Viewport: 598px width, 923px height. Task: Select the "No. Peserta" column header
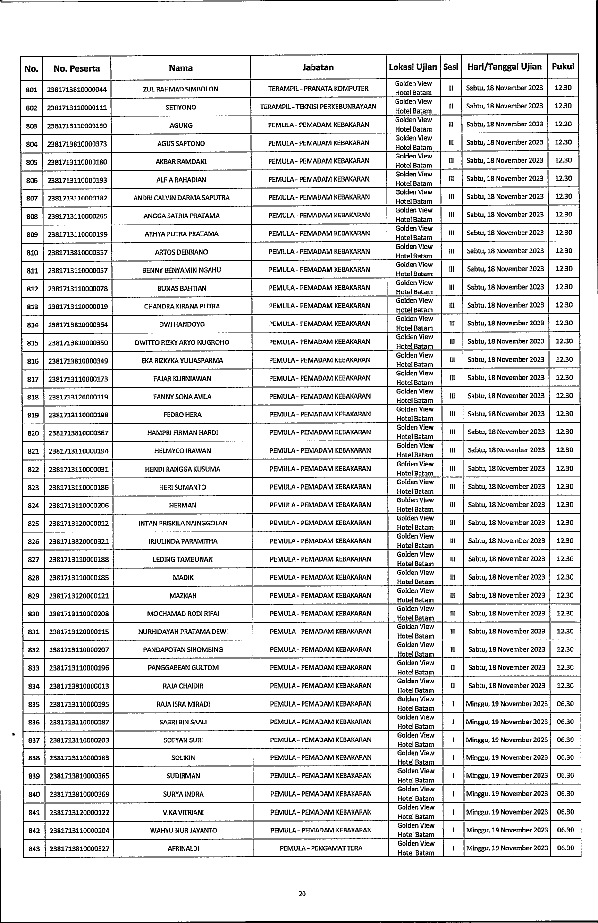coord(76,68)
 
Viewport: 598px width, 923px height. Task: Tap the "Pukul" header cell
coord(563,67)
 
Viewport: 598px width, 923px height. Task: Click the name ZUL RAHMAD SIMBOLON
coord(181,89)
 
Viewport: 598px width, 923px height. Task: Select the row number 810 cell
coord(32,253)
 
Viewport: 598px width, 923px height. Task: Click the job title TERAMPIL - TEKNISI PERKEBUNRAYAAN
coord(318,107)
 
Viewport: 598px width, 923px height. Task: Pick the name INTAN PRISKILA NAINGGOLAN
coord(183,523)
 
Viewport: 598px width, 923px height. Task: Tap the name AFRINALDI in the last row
coord(184,848)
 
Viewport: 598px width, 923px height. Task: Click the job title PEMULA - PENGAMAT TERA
coord(321,848)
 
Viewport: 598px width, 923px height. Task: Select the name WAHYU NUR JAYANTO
coord(184,830)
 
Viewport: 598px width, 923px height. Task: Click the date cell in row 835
coord(506,704)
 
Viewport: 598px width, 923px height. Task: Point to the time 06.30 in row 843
coord(565,848)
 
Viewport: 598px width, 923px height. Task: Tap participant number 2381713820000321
coord(78,541)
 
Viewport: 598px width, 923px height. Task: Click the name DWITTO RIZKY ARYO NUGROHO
coord(182,342)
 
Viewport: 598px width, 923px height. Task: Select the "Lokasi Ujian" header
coord(413,67)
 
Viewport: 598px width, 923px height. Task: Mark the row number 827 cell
coord(34,560)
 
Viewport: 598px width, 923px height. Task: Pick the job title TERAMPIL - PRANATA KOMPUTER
coord(318,88)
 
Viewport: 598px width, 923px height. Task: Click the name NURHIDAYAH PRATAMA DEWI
coord(183,632)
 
